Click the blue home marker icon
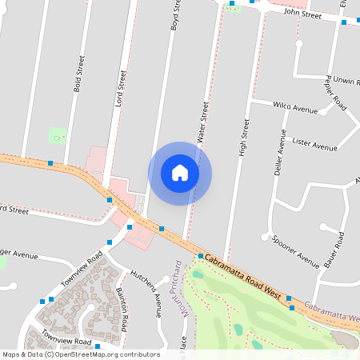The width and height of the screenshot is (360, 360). pos(180,173)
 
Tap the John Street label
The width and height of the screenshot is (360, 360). pos(302,14)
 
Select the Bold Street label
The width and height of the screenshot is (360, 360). pos(78,74)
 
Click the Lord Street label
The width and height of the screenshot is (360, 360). pos(122,87)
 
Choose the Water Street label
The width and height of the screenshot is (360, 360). pos(202,119)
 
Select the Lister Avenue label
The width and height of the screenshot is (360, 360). pos(314,146)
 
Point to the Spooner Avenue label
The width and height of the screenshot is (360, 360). pos(295,251)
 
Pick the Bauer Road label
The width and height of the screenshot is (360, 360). pos(334,250)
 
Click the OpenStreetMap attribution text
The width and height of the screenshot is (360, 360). pos(81,354)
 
